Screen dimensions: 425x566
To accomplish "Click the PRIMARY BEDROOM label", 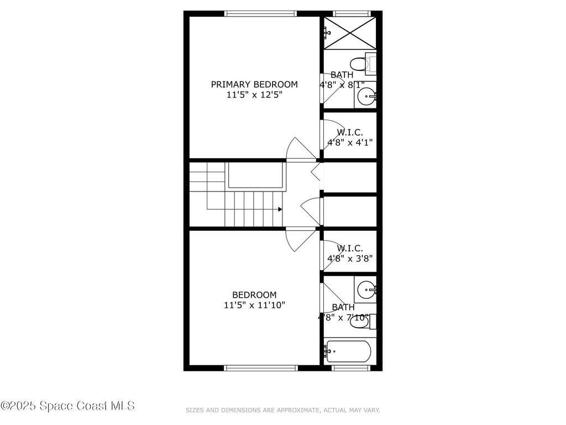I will point(254,85).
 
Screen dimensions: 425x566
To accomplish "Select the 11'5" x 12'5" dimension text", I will point(254,95).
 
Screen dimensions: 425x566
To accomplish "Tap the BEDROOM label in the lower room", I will point(254,295).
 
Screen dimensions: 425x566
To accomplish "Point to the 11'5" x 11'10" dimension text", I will point(254,305).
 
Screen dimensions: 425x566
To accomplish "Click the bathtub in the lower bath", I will point(348,351).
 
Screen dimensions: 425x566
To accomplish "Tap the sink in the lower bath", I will point(366,289).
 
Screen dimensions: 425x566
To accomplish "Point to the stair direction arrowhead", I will point(280,209).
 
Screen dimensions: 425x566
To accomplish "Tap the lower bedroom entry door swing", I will point(298,239).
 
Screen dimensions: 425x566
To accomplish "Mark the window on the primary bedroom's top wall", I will point(261,13).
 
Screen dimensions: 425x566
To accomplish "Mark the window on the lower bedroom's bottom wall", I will point(261,367).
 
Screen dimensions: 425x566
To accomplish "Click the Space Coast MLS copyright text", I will point(67,406).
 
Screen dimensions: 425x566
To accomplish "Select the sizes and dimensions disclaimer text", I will point(282,410).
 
